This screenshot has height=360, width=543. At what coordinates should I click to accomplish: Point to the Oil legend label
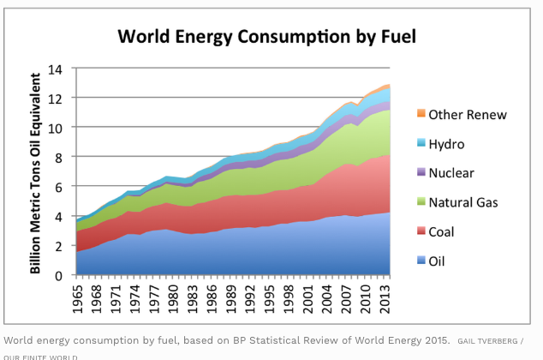point(438,261)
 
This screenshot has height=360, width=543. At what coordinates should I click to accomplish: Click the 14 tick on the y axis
point(57,69)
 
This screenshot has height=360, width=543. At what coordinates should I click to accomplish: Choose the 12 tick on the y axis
point(57,98)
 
